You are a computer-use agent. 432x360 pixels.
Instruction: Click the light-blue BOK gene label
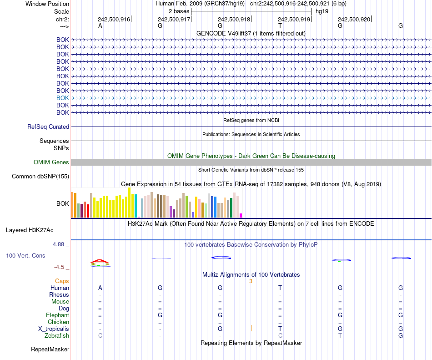[63, 98]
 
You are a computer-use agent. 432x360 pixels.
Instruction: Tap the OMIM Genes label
[51, 162]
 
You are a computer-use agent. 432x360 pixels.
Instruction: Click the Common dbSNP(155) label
[40, 177]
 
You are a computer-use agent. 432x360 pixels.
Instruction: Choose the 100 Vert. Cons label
[25, 256]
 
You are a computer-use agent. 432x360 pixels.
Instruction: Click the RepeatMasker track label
[50, 350]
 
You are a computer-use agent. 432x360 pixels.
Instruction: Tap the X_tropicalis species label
[54, 329]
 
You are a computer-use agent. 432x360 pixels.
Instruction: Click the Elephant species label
[57, 315]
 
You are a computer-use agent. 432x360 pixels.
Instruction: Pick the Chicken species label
[59, 322]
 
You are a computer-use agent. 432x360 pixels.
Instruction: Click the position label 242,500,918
[234, 19]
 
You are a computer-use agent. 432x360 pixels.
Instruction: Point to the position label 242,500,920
[354, 19]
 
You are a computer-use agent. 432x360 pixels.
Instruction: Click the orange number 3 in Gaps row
[251, 281]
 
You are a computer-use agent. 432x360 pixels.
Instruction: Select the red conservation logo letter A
[100, 261]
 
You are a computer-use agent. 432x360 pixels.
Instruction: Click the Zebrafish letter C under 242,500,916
[100, 336]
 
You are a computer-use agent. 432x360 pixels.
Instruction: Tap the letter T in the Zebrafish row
[340, 336]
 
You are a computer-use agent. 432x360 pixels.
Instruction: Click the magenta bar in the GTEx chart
[241, 215]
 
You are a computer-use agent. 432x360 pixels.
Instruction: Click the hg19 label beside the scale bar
[322, 10]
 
